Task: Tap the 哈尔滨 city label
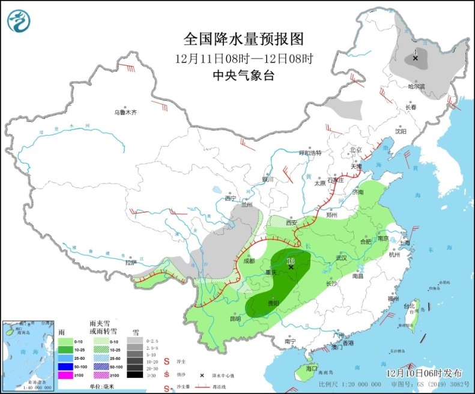416,87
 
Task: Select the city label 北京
356,150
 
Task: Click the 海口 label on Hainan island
310,367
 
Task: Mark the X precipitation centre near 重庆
291,267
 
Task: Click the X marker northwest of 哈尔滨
415,58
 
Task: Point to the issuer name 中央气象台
244,76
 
